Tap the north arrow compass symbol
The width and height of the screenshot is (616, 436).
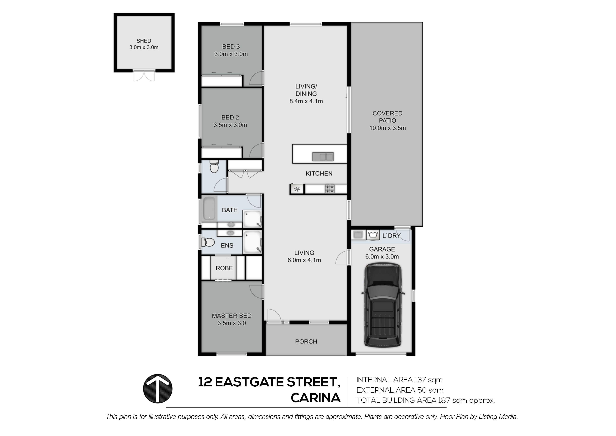[158, 389]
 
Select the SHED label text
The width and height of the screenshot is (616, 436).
[144, 41]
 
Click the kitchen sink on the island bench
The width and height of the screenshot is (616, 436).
[323, 157]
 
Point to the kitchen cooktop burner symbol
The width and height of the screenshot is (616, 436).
[330, 189]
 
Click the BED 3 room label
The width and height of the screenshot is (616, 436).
[231, 47]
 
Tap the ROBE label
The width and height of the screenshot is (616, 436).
[224, 268]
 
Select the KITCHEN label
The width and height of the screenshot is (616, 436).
[319, 174]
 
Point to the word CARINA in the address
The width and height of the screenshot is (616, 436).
[316, 398]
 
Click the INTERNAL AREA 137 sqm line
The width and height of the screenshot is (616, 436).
[399, 380]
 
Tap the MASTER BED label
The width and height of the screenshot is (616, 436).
[232, 316]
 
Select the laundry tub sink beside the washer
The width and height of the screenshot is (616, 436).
[358, 235]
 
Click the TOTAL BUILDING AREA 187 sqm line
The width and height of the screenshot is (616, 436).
[425, 400]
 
